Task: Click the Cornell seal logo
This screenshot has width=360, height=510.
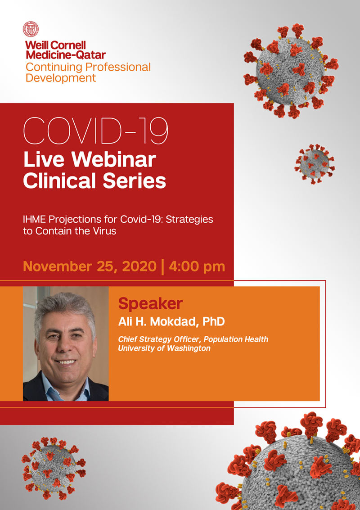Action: coord(31,29)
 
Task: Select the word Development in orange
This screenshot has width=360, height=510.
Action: coord(61,78)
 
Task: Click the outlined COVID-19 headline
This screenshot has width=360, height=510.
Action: coord(95,130)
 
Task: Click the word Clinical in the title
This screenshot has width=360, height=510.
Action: coord(60,181)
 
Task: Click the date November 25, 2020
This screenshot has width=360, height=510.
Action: coord(90,267)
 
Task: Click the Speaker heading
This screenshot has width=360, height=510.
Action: coord(150,303)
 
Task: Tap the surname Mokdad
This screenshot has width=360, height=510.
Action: coord(176,322)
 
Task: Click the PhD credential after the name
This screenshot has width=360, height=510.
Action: coord(214,322)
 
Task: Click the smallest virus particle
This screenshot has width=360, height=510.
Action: coord(315,164)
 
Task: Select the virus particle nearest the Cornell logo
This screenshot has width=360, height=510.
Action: coord(291,70)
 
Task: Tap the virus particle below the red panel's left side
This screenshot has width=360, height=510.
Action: coord(54,468)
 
